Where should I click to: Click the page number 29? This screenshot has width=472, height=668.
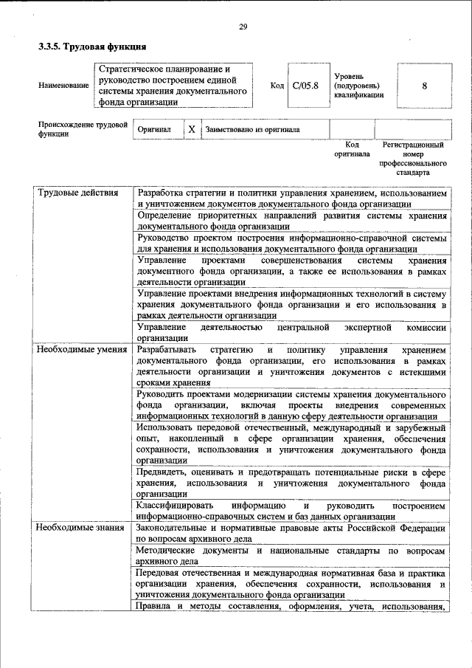tap(243, 27)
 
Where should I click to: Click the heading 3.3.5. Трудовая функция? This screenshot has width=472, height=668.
tap(88, 46)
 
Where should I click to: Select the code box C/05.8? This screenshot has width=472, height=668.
tap(305, 86)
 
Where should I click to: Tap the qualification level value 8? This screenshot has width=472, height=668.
tap(424, 86)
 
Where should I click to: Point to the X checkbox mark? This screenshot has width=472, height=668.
tap(191, 129)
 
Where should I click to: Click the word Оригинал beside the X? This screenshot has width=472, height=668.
tap(154, 129)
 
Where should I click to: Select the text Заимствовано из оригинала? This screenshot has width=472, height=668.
tap(252, 129)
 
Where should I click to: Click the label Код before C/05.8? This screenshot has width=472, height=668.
tap(277, 86)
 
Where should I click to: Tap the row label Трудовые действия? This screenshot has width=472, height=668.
tap(67, 193)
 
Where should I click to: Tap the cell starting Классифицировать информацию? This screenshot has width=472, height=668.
tap(291, 511)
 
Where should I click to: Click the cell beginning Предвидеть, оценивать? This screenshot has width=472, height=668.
tap(291, 482)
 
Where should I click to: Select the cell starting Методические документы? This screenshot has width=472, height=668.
tap(291, 557)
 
